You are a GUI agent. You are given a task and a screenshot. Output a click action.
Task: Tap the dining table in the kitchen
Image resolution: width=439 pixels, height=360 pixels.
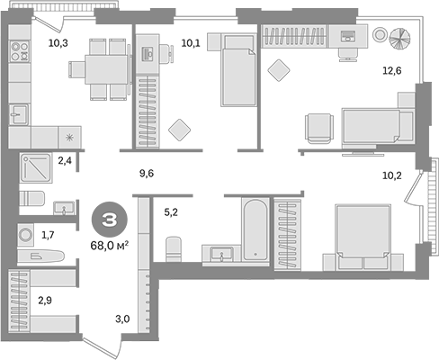(x=102, y=67)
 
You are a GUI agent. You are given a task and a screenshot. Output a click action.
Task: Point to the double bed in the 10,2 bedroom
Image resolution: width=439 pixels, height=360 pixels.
(x=363, y=233)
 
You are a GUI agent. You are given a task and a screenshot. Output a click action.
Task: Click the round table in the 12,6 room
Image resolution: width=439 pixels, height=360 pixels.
(x=397, y=38)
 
